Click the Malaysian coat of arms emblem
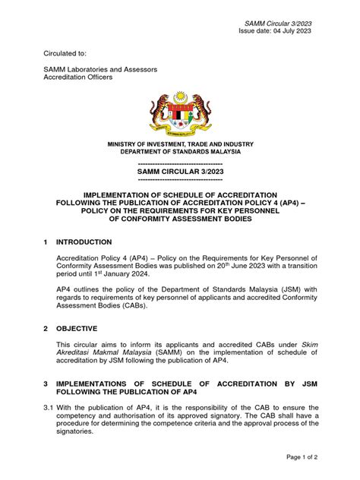point(180,113)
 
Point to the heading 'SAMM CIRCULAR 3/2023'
point(180,172)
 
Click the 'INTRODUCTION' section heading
point(84,242)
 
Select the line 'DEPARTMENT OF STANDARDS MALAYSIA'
point(180,152)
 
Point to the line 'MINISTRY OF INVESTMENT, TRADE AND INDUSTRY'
point(180,144)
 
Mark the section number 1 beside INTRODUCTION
point(47,242)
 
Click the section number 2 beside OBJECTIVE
point(47,328)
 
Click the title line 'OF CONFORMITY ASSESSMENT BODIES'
point(180,218)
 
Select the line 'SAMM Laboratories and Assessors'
point(99,70)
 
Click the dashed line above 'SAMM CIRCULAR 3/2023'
point(180,163)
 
